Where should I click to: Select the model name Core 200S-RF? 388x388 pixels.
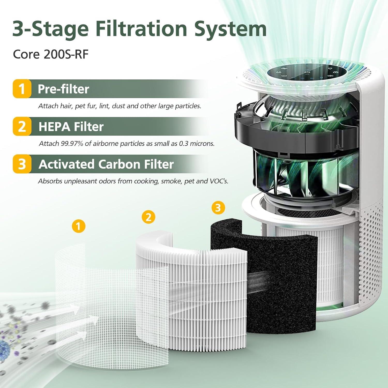pos(51,54)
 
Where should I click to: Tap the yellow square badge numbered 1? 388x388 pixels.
pos(22,89)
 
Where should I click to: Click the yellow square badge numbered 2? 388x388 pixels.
pos(22,126)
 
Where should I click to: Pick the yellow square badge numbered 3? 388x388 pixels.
pos(22,164)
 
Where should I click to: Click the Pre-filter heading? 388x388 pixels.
pos(63,89)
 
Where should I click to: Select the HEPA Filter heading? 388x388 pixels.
pos(71,127)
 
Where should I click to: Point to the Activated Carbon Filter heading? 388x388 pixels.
pos(106,164)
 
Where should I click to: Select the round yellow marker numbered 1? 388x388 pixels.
pos(79,226)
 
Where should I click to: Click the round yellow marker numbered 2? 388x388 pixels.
pos(148,217)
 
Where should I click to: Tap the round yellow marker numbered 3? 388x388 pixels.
pos(218,207)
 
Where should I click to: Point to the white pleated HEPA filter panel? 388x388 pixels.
pos(204,297)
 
